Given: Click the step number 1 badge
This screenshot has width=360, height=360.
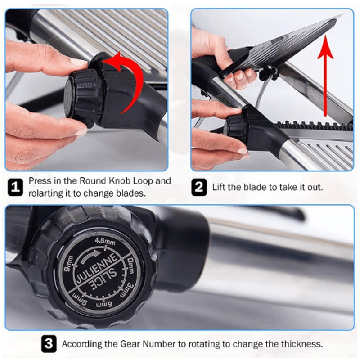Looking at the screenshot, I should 15,187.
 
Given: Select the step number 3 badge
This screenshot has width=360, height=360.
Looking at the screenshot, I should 49,345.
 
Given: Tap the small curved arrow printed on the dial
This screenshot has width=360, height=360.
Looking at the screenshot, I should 90,258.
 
